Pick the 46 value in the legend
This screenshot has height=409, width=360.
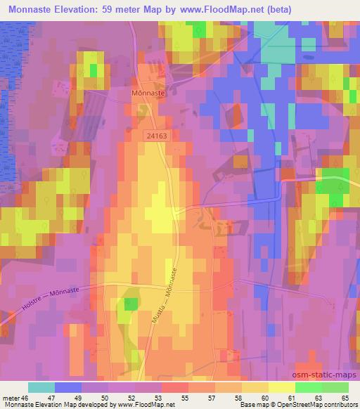(x=26, y=398)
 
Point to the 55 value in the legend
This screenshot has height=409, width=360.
(x=185, y=398)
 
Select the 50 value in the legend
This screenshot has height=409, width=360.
(x=105, y=398)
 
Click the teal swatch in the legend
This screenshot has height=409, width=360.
(x=41, y=387)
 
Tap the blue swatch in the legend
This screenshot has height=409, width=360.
(x=68, y=387)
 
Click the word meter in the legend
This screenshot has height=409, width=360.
(x=10, y=398)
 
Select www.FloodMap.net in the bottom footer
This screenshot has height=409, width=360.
(x=146, y=405)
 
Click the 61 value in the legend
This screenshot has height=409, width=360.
(x=290, y=398)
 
